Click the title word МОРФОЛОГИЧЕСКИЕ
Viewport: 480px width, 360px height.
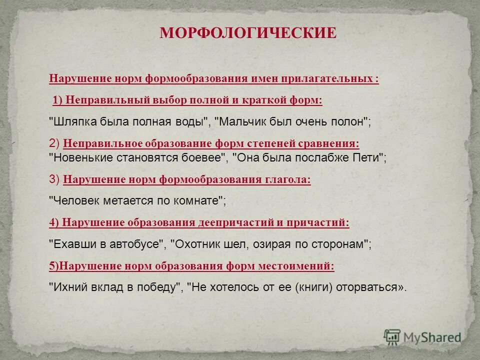pos(248,33)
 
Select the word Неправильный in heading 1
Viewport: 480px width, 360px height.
pos(96,100)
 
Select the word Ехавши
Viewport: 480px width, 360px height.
pos(69,244)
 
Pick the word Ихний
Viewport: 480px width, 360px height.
pos(66,288)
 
